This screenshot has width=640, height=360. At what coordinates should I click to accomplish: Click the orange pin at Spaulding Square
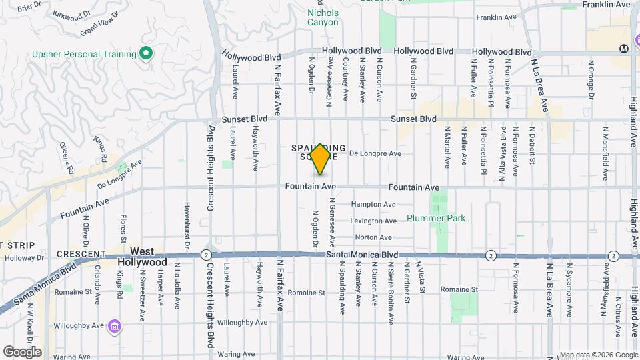tap(321, 158)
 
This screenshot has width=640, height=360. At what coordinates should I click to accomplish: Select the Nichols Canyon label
tap(323, 17)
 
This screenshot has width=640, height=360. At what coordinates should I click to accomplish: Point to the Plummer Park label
tap(436, 218)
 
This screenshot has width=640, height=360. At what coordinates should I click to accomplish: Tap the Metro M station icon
tap(624, 48)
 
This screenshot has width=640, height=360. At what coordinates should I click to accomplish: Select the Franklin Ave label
tap(605, 4)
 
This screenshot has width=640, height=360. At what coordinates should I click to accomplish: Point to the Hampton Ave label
tap(373, 205)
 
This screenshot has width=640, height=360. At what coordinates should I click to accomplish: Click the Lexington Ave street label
tap(374, 221)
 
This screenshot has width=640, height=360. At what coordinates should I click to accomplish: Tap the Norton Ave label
tap(373, 237)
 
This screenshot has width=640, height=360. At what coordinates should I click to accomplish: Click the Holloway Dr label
tap(23, 259)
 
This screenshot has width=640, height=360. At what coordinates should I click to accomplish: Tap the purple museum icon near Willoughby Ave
tap(116, 326)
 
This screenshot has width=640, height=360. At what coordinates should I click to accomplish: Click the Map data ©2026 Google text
tap(598, 355)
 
